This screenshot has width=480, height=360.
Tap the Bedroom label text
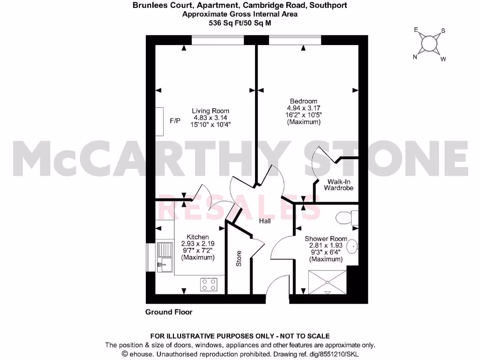pos(303,101)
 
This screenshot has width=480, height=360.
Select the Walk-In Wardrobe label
pos(338,184)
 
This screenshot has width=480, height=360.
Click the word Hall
pos(265,221)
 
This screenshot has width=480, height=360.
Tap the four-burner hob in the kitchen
pos(209,283)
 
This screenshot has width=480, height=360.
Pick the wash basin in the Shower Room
pos(354,247)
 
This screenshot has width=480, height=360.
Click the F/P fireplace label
pos(175,121)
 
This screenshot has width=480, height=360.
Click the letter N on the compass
pos(414,58)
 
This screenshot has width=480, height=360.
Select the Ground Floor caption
pos(169,312)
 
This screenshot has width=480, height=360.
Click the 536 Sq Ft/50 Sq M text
pos(240,22)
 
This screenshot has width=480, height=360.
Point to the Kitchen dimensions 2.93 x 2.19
pos(197,244)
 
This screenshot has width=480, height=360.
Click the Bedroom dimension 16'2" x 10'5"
pos(303,115)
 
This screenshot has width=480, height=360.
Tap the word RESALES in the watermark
pos(240,207)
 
